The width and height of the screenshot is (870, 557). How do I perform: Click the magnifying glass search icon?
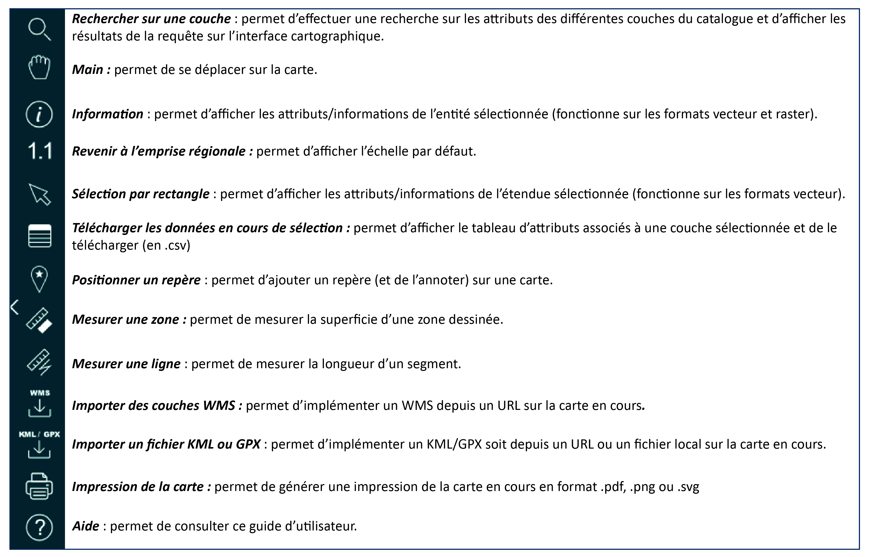click(39, 30)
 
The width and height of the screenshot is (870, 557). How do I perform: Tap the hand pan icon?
click(39, 68)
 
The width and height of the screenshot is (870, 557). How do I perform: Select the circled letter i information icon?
click(39, 114)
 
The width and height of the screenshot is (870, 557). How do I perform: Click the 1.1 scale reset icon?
click(40, 151)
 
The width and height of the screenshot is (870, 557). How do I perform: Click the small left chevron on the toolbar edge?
click(14, 307)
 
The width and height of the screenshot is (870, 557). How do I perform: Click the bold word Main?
click(88, 70)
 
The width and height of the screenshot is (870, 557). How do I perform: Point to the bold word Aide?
click(86, 526)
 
